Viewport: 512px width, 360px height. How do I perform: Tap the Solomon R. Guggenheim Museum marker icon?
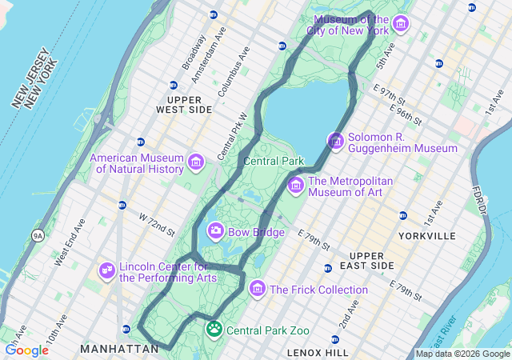coord(335,142)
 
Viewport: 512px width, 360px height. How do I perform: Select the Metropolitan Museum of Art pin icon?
coord(295,186)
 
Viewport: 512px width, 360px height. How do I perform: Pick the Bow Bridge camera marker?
coord(215,232)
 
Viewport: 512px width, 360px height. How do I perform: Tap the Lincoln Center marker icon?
coord(106,271)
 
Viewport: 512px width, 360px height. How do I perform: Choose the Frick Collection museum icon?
coord(257,289)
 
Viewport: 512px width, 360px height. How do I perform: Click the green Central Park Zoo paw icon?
coord(214,329)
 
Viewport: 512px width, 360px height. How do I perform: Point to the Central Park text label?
coord(274,161)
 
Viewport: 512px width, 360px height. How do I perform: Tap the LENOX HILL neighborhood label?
coord(318,352)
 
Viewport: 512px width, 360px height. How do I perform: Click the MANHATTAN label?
coord(119,349)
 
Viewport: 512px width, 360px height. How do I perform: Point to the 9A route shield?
coord(38,235)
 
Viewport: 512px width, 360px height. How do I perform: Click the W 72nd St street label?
coord(156,224)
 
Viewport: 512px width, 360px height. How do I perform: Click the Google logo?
coord(26,350)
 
